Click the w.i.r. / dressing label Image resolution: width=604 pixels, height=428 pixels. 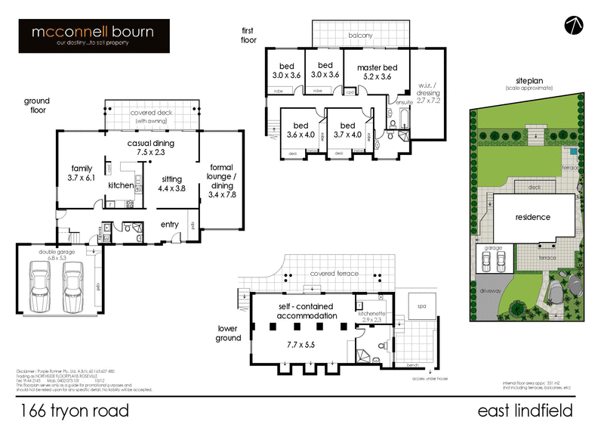(x=433, y=94)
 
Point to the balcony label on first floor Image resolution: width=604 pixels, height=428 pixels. (x=360, y=36)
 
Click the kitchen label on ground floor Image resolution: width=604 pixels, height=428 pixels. (x=121, y=185)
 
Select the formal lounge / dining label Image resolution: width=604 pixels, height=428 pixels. (x=221, y=180)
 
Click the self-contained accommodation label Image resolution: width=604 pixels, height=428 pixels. (x=306, y=310)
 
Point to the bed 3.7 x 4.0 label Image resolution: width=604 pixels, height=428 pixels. (x=347, y=131)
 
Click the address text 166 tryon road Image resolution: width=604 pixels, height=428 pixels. (x=74, y=411)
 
